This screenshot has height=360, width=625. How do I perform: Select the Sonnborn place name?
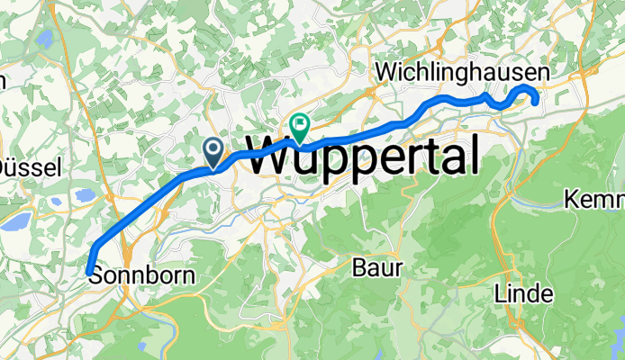tap(142, 277)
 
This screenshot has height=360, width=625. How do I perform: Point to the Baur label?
tap(373, 267)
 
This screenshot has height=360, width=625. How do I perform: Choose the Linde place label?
tap(523, 293)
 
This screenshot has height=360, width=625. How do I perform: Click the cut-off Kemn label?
tap(595, 198)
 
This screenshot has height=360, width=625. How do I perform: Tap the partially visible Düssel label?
tap(29, 166)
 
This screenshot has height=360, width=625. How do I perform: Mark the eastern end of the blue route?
tap(536, 102)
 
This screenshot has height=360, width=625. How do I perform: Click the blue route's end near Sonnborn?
tap(89, 269)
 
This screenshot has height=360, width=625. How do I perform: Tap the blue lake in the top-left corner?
tap(42, 40)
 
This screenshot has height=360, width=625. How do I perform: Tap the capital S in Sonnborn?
tap(97, 277)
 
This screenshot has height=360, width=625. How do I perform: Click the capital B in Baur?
tap(360, 267)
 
